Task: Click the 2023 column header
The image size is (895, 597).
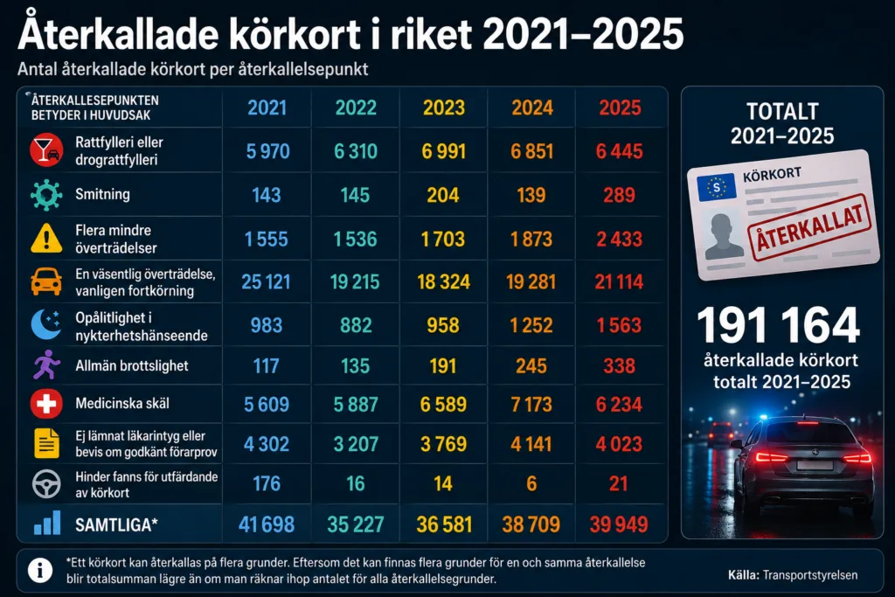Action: pos(443,108)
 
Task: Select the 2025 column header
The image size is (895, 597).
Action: pos(620,108)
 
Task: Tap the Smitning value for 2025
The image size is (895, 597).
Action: pos(620,195)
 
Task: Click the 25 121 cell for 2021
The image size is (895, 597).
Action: pos(266,282)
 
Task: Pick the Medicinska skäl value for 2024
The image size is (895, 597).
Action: pos(531,405)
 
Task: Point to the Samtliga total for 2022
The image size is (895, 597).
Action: pos(355,524)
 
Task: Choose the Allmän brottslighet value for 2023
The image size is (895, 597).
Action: pos(443,366)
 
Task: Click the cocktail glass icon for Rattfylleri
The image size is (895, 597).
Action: pos(46,150)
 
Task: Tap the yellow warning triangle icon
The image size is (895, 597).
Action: pos(46,238)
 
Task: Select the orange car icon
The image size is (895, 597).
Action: pos(46,281)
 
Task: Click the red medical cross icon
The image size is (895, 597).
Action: pos(46,404)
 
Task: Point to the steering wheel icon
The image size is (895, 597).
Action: pos(46,484)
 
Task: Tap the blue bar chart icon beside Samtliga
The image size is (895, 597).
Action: pos(47,523)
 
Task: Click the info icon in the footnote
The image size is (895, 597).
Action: pos(40,570)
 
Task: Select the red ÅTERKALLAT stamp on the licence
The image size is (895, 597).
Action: pos(809,226)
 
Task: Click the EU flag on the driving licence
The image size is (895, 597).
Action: pos(716,187)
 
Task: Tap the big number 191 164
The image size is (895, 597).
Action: pos(778,325)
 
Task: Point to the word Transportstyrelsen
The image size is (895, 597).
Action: pos(810,575)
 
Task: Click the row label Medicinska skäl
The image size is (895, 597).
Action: pos(122,404)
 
